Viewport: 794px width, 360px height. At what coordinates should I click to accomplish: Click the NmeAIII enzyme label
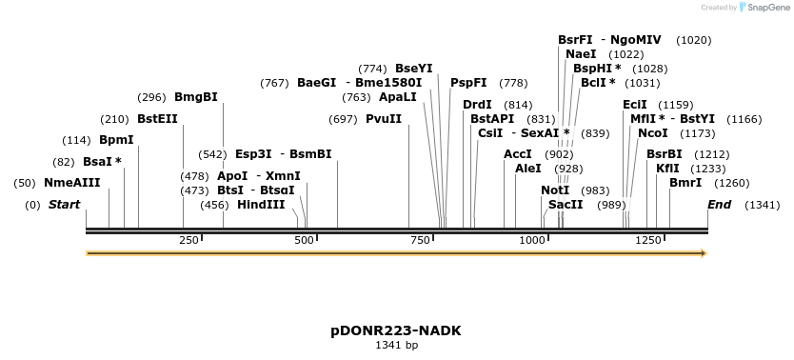71,183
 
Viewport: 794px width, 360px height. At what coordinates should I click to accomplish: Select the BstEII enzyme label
157,119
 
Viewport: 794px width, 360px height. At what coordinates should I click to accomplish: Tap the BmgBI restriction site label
196,97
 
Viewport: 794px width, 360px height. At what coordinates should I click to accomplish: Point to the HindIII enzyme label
261,205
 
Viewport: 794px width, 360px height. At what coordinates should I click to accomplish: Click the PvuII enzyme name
384,119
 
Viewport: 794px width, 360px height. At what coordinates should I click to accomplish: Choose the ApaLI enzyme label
398,97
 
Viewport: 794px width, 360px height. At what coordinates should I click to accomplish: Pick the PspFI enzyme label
468,83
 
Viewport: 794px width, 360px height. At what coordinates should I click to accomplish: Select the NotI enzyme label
555,190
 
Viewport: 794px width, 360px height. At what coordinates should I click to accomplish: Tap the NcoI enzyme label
653,133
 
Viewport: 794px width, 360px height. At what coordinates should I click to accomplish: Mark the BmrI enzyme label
685,183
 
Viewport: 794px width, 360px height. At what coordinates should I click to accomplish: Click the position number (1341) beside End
762,205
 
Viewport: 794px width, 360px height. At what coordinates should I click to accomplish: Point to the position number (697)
343,119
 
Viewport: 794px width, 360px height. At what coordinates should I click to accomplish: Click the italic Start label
64,205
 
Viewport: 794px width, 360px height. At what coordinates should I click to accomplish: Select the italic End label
720,205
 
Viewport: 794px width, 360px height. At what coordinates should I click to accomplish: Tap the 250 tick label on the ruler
188,240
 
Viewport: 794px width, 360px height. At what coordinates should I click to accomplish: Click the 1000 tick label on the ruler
532,240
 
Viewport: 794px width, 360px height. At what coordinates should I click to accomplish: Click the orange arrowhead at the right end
704,253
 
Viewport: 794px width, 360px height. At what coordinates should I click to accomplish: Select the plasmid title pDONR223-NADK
396,330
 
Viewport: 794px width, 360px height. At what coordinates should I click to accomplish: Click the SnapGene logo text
768,8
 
